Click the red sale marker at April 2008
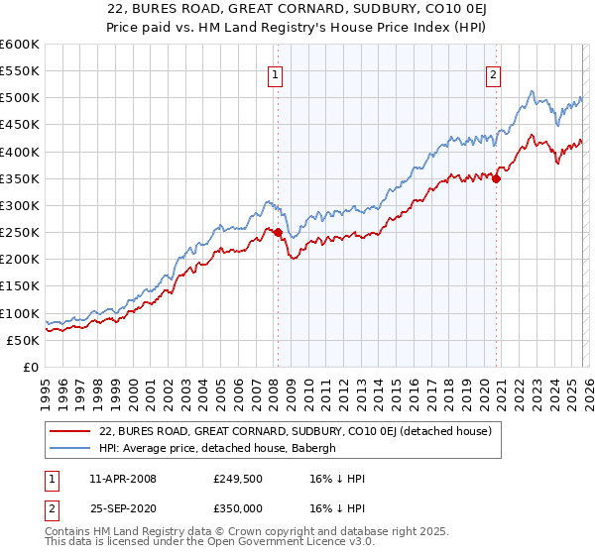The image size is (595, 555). [278, 233]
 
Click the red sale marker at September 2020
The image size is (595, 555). [497, 179]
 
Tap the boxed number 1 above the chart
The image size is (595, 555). [274, 72]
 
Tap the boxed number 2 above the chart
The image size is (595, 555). [493, 72]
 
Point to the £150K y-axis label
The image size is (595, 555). [20, 286]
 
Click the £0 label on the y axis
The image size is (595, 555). [30, 367]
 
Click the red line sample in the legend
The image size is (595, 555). [69, 432]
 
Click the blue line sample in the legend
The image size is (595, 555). [69, 448]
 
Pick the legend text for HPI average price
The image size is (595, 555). [218, 448]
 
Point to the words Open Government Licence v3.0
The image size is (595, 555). [294, 544]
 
